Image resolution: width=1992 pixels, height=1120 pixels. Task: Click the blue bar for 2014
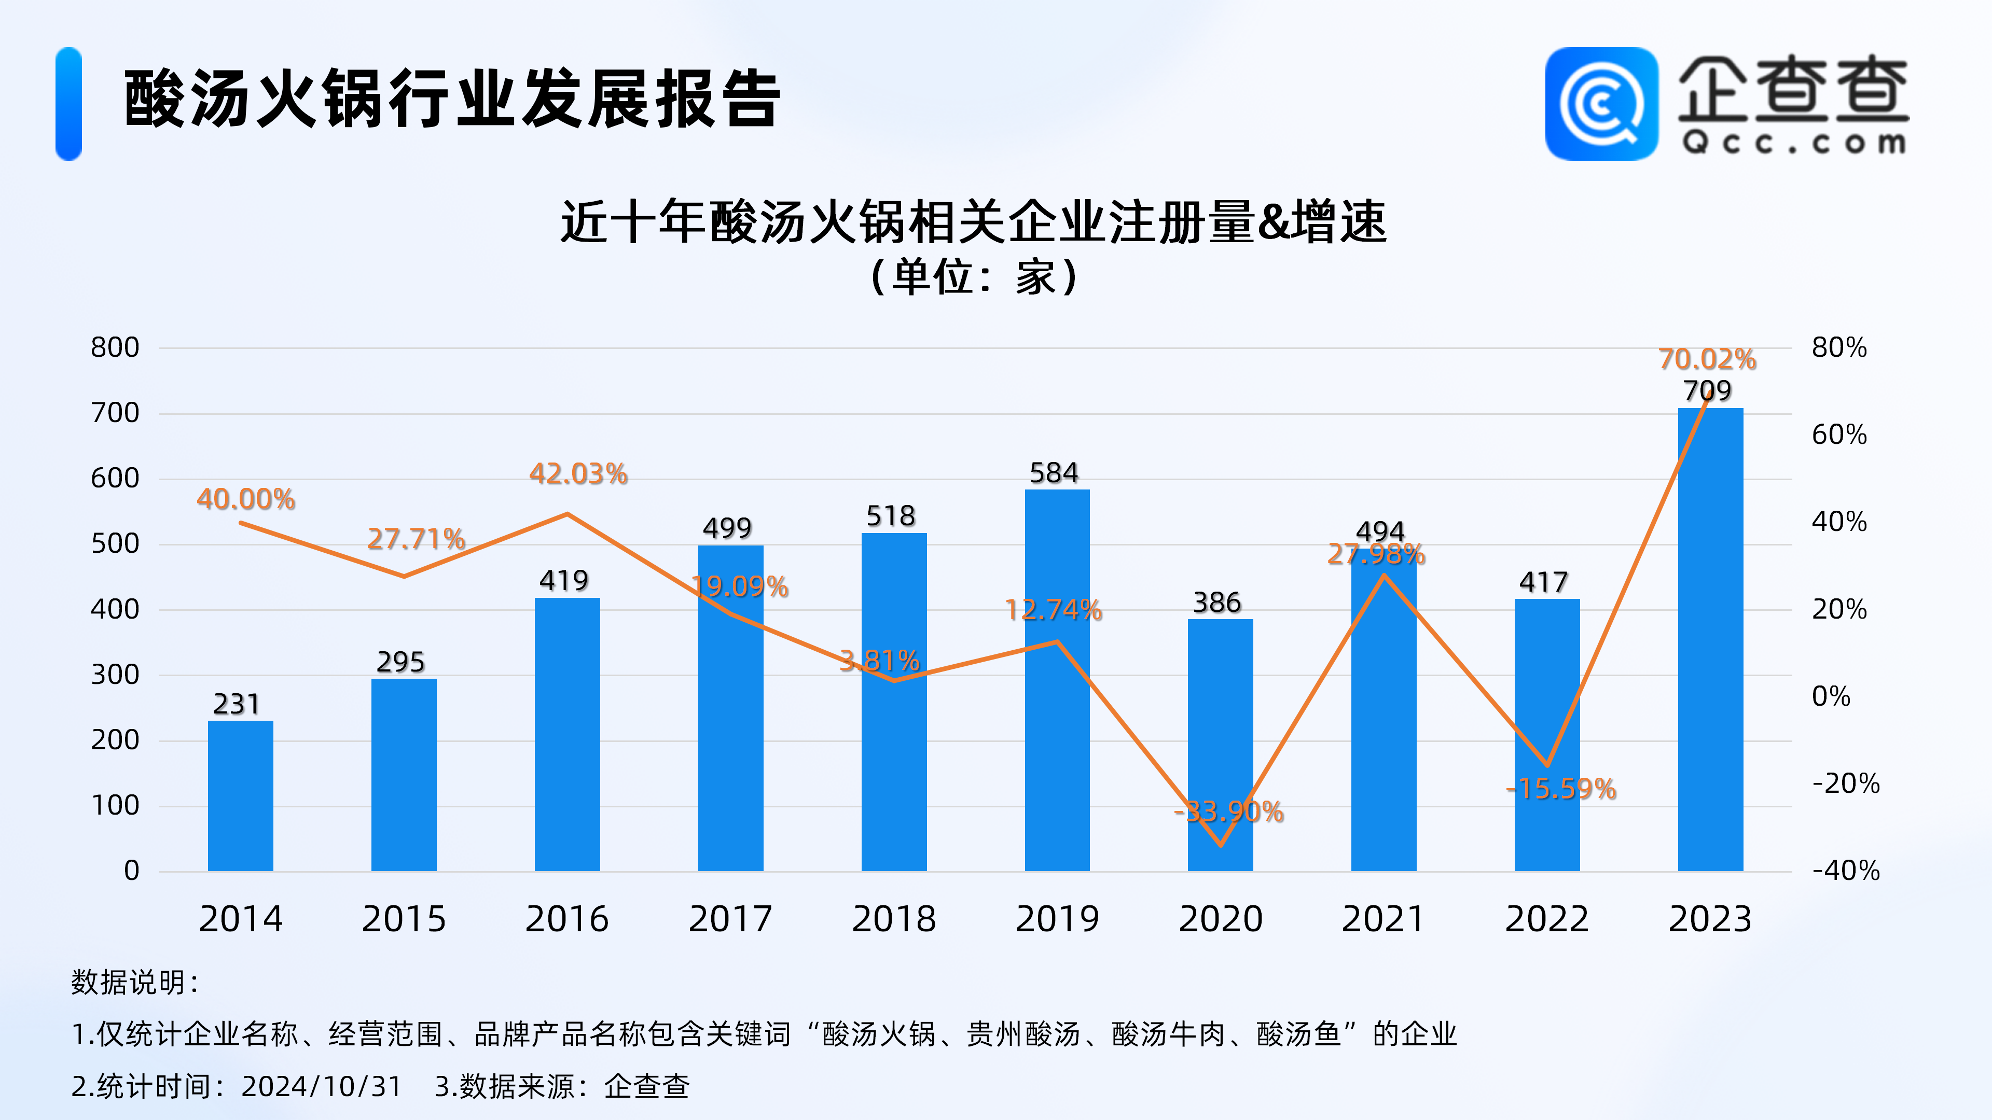241,796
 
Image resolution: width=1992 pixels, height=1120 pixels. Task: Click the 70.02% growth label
1707,359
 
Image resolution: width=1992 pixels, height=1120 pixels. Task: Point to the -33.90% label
1229,811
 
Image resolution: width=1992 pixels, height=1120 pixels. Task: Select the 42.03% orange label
578,474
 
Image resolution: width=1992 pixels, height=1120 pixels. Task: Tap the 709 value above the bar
1707,391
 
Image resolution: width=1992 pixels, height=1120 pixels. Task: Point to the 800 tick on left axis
115,348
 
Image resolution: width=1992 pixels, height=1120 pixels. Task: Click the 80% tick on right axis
1839,348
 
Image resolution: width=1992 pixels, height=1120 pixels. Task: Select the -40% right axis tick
1845,871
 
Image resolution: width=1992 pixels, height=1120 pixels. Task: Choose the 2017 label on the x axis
730,919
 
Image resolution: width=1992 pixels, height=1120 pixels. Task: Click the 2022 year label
1546,919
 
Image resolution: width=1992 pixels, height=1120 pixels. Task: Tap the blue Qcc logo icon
1601,104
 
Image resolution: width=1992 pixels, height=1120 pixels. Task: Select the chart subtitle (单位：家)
974,277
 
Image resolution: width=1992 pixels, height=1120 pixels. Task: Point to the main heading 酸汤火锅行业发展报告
452,99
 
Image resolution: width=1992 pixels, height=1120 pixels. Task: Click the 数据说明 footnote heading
136,983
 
